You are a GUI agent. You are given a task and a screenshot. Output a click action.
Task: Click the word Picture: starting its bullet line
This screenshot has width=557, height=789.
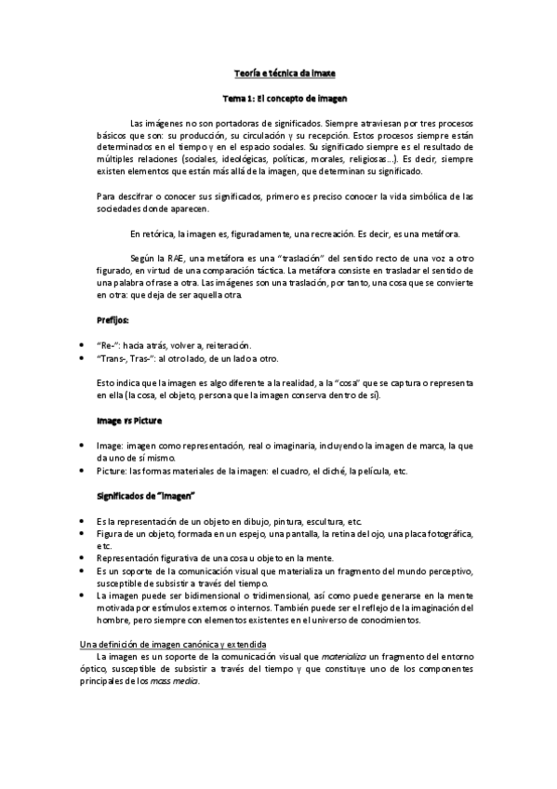tap(112, 471)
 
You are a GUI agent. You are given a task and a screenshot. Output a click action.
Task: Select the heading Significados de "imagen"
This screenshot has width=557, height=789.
tap(147, 496)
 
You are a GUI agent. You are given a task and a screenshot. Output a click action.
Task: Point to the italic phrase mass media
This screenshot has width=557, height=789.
tap(179, 680)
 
